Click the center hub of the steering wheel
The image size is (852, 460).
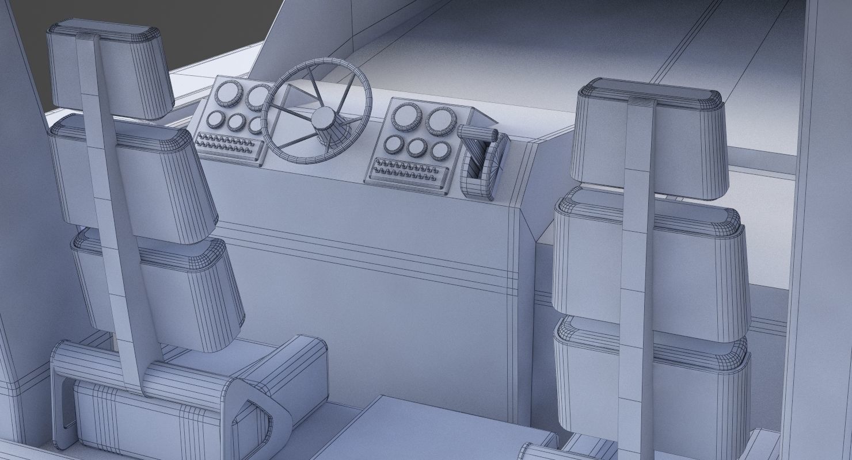(x=323, y=118)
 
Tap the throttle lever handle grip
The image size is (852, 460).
(x=477, y=133)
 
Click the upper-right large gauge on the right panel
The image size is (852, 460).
(x=440, y=121)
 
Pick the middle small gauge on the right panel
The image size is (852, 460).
(x=416, y=148)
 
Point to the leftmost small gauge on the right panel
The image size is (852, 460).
(x=394, y=144)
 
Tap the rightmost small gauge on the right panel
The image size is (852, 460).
(x=440, y=151)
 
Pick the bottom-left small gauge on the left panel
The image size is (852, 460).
(x=216, y=119)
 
